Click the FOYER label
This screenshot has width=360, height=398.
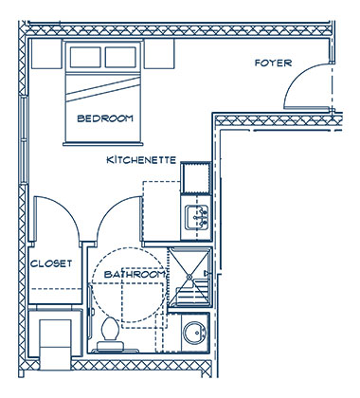[x=273, y=63]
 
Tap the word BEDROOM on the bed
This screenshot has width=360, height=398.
[x=105, y=118]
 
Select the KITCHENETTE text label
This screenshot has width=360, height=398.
[x=141, y=160]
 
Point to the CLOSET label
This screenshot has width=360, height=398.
[x=51, y=263]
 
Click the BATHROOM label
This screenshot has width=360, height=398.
[x=135, y=274]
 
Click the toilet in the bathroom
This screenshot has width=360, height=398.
[x=110, y=335]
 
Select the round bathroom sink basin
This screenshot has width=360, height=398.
[x=195, y=333]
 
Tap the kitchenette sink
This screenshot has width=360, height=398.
[x=197, y=217]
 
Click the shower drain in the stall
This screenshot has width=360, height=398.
[x=189, y=277]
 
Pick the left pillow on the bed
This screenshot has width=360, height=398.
[x=85, y=57]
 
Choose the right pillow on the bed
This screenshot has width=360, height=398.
[x=120, y=57]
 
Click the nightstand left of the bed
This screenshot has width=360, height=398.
[x=46, y=54]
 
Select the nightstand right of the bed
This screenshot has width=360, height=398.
[x=159, y=54]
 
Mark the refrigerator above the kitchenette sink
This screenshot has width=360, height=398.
[x=196, y=177]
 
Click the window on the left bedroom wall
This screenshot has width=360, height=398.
[x=24, y=139]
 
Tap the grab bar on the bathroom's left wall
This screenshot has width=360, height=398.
[x=91, y=311]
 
